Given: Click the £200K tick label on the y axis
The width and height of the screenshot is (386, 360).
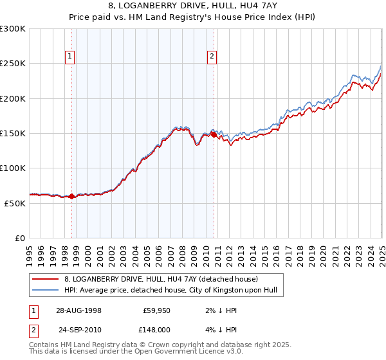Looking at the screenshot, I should pos(12,98).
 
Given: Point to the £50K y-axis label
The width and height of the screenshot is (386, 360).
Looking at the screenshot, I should pos(14,203).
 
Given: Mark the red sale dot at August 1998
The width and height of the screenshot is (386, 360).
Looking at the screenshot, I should pos(72,197).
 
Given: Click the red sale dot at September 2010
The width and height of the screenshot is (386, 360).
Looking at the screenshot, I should pos(214,134).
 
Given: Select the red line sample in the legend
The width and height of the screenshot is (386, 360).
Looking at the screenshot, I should pos(45,279).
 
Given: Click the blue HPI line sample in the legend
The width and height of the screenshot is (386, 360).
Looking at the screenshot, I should pos(45,291).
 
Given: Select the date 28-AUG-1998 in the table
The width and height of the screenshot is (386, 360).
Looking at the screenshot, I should pos(78,310).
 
